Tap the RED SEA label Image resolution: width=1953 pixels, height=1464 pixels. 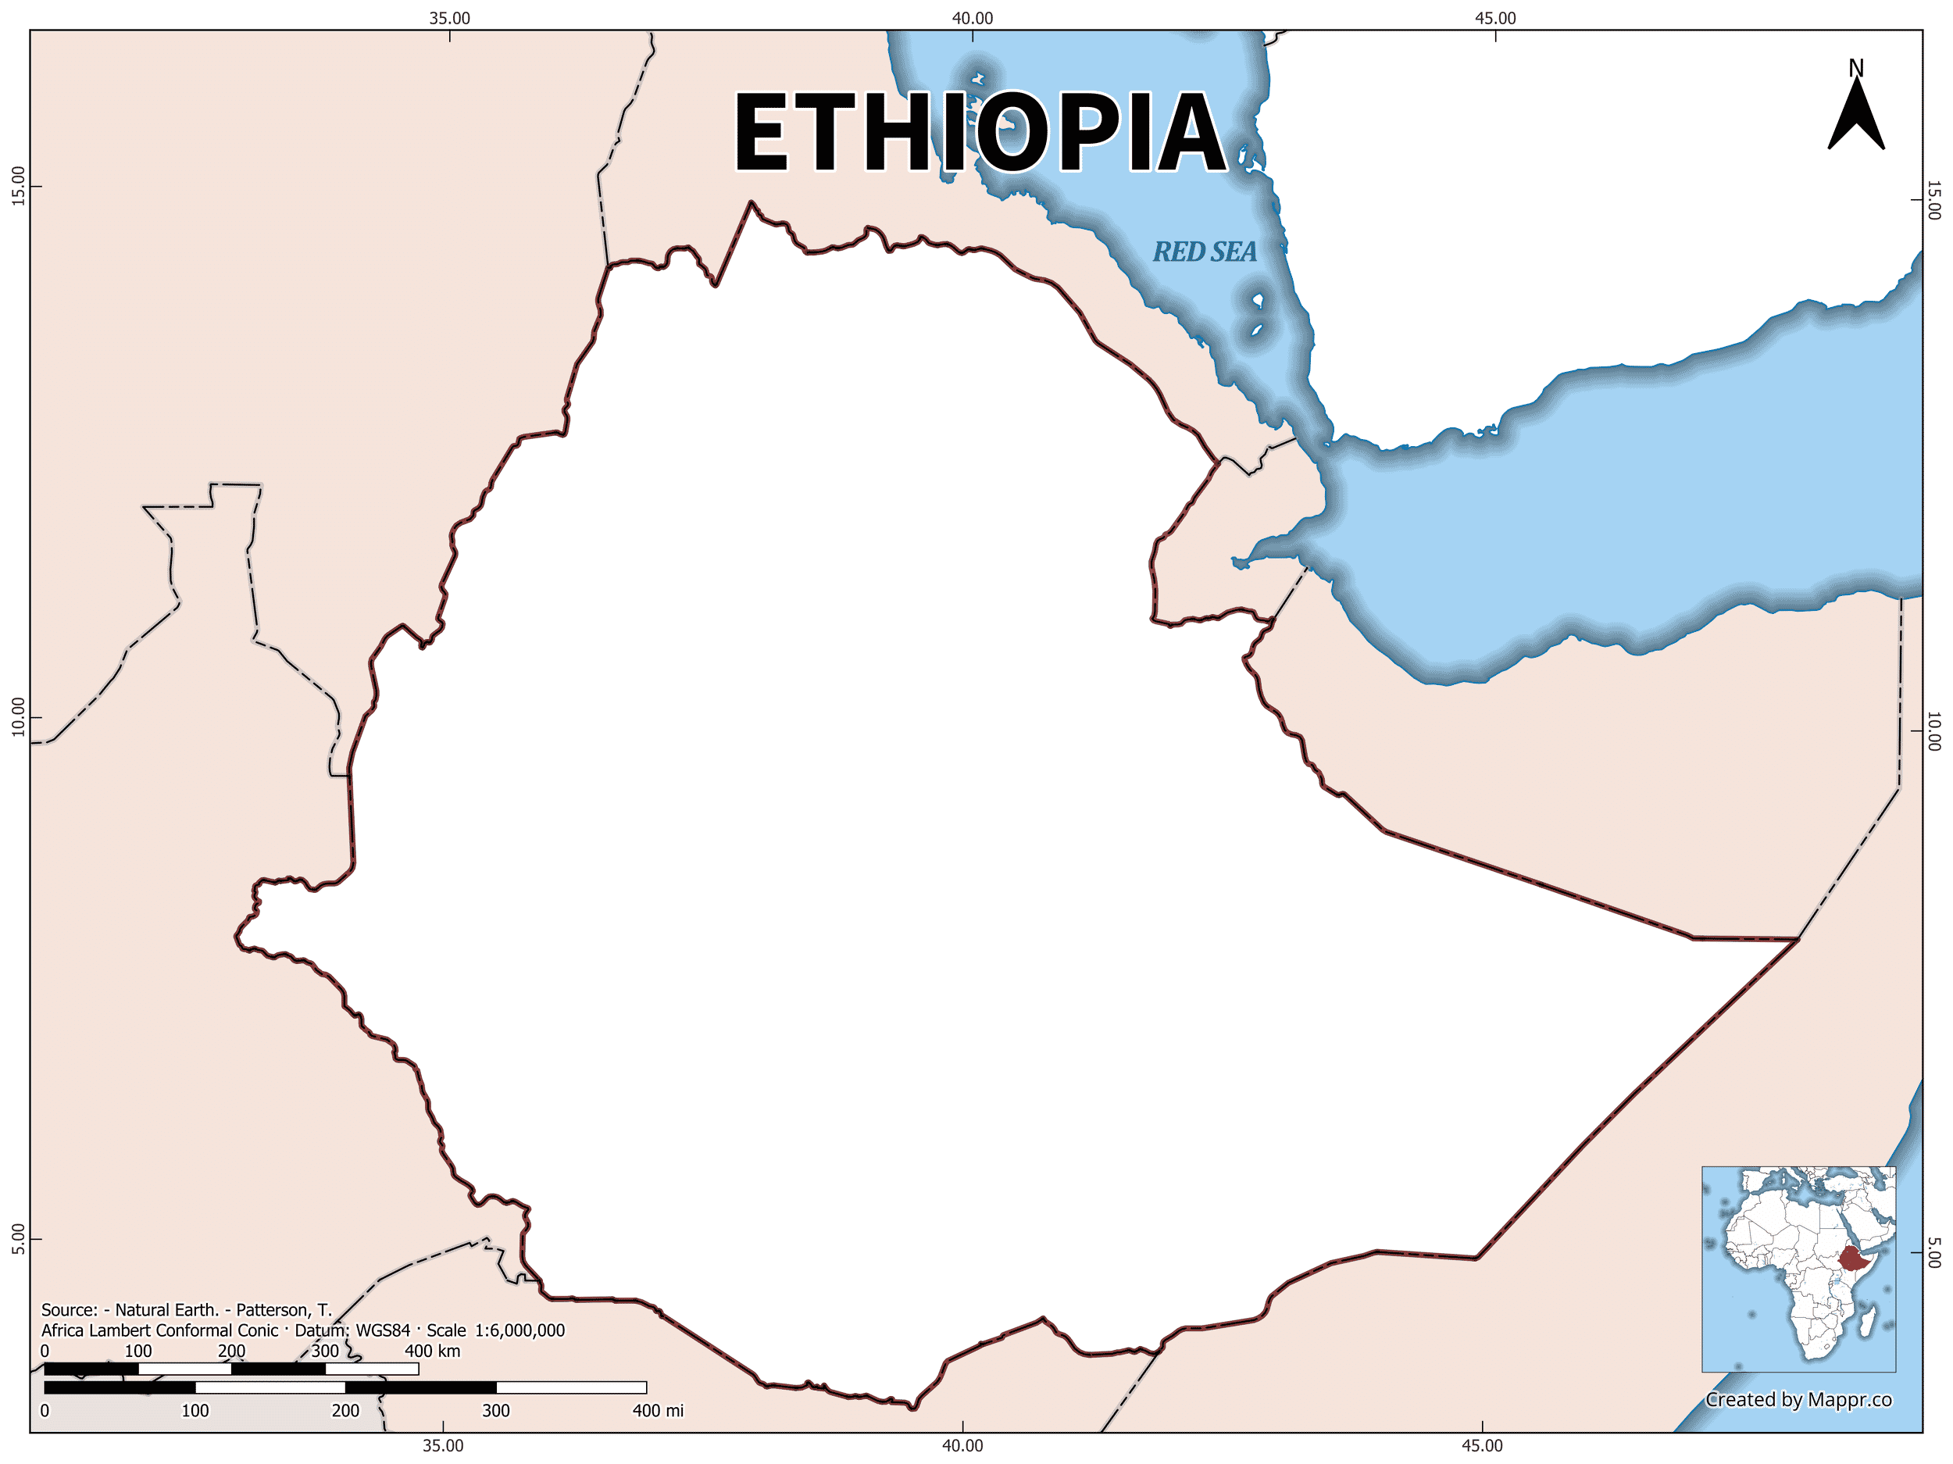[1205, 252]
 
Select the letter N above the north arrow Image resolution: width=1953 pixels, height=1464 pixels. [1856, 68]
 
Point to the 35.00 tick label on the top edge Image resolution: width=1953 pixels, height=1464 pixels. [449, 19]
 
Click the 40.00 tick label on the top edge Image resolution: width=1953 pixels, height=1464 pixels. [972, 19]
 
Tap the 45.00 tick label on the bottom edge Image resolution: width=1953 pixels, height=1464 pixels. [1481, 1445]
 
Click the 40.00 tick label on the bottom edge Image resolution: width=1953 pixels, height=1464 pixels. [962, 1445]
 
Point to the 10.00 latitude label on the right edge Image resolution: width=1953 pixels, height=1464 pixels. [1933, 731]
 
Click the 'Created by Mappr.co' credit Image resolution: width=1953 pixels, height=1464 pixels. [1798, 1399]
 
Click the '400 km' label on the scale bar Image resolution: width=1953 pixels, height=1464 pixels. [432, 1351]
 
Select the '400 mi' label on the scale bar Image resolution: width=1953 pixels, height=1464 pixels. [658, 1410]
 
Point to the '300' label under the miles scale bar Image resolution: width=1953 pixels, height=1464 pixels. [495, 1410]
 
